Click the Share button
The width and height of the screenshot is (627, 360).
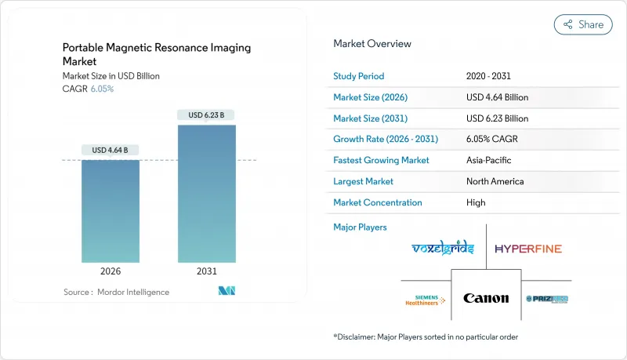(583, 24)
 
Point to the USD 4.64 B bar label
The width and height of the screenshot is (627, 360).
(111, 150)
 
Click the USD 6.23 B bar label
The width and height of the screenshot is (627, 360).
(206, 115)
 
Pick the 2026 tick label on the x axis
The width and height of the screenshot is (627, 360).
(111, 271)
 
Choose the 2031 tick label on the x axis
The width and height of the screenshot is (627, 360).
(206, 271)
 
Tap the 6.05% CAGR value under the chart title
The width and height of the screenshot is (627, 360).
(102, 89)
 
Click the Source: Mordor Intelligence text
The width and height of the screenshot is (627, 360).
(116, 292)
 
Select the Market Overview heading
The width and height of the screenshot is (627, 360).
(372, 43)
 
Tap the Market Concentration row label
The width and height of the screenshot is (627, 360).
(378, 202)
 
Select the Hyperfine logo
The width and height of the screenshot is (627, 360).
(527, 249)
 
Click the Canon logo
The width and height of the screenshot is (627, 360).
(486, 298)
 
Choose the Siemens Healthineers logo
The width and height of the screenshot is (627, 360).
(425, 299)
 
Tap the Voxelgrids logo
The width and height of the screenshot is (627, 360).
(444, 249)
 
